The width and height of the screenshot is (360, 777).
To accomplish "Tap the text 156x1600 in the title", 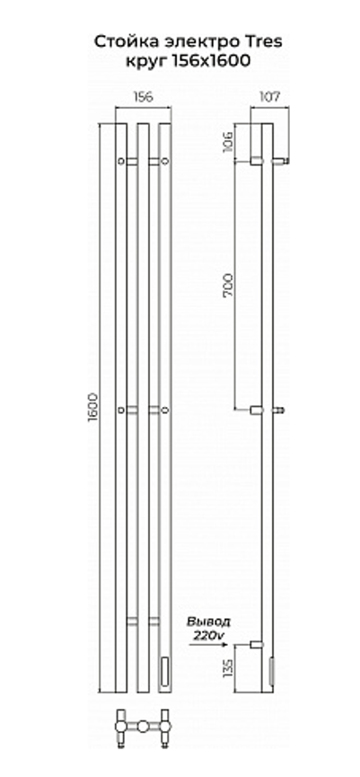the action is (x=211, y=61).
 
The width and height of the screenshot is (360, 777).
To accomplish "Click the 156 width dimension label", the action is (x=143, y=97).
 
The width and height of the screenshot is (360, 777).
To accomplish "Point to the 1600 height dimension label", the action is (x=92, y=406).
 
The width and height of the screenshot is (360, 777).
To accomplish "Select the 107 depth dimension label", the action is (x=269, y=97).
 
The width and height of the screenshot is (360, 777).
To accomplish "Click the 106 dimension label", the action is (x=227, y=142).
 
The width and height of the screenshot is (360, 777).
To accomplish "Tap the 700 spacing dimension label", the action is (x=227, y=286).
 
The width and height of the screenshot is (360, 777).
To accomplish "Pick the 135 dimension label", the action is (x=227, y=669).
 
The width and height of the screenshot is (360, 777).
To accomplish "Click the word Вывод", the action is (x=208, y=622).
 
